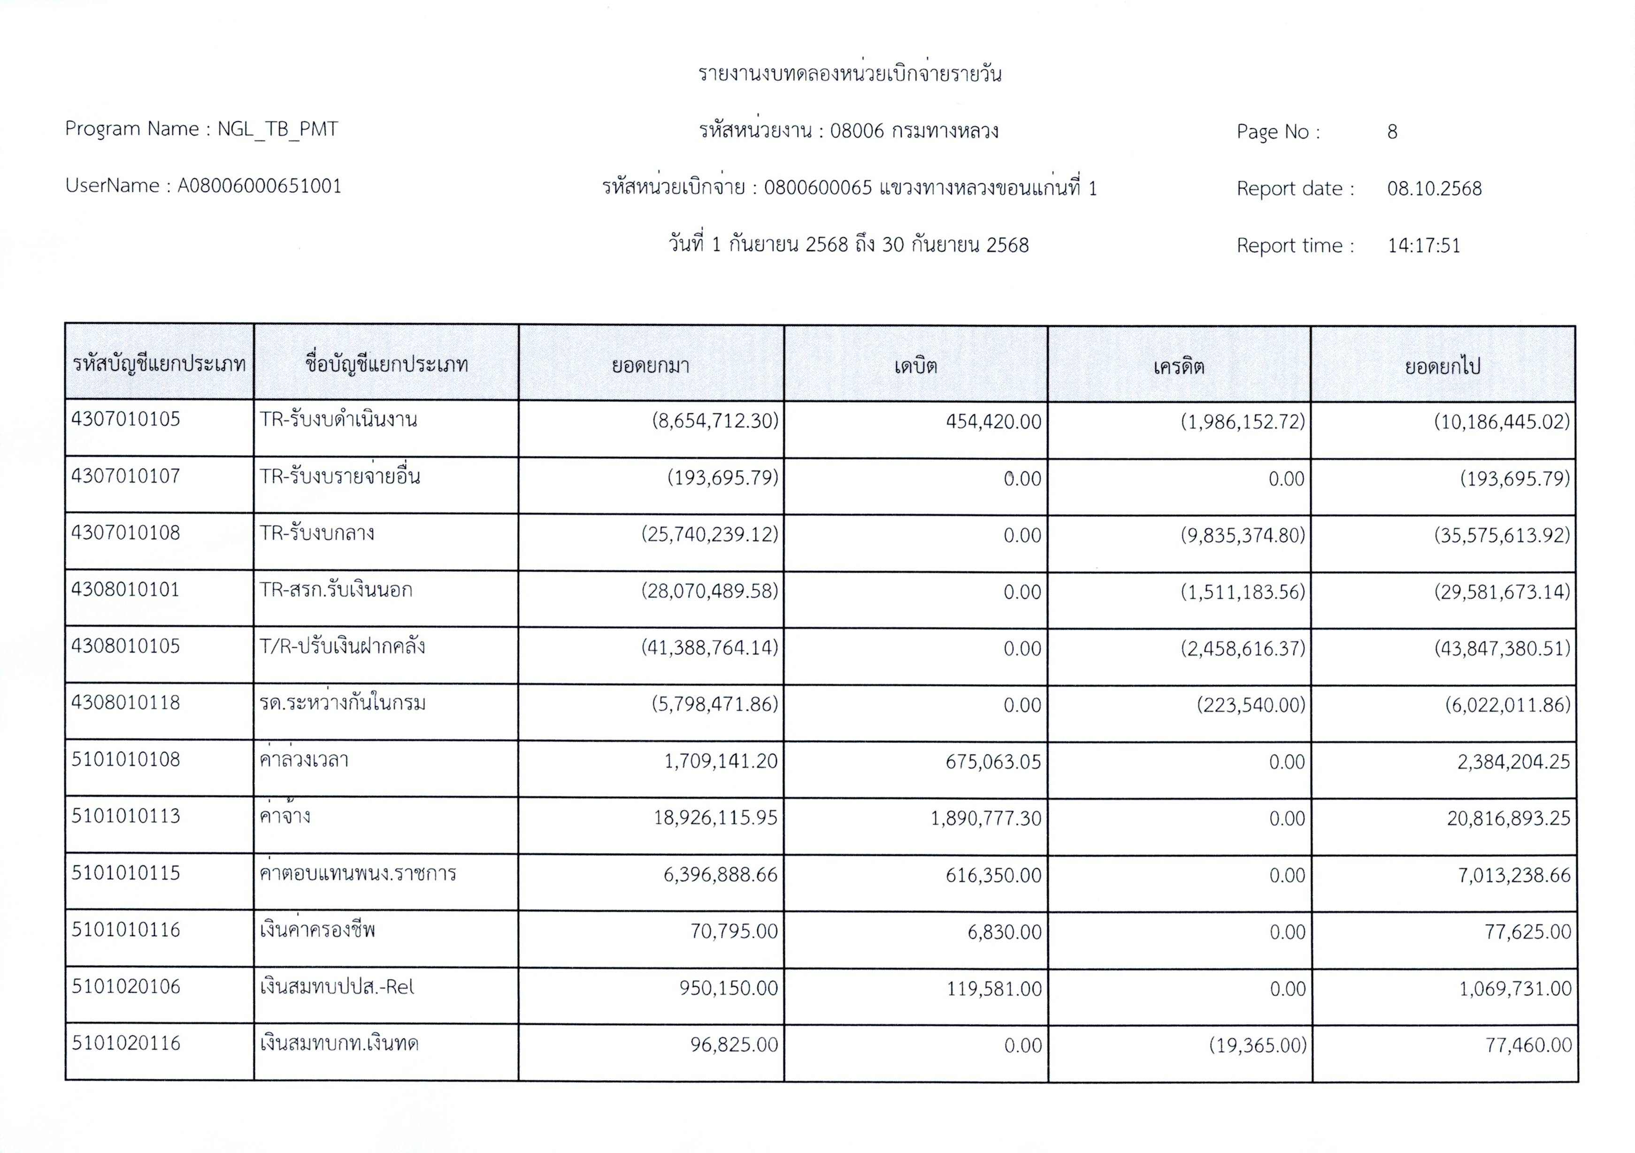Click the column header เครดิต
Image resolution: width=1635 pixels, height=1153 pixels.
(x=1179, y=366)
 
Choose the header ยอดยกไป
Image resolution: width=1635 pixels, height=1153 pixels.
(x=1442, y=366)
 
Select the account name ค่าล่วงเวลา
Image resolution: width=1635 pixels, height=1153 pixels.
(x=304, y=760)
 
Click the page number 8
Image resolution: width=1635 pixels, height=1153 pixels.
(x=1392, y=132)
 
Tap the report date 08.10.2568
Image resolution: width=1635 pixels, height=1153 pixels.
(x=1434, y=189)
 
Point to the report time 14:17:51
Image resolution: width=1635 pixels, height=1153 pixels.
(x=1423, y=246)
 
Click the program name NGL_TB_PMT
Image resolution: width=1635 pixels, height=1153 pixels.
(x=278, y=129)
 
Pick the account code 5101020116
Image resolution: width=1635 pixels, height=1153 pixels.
(x=126, y=1043)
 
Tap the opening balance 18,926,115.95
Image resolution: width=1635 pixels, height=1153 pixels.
(x=716, y=817)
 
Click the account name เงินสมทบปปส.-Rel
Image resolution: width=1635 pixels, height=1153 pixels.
(x=337, y=987)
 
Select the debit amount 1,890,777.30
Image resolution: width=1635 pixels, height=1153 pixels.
(x=986, y=818)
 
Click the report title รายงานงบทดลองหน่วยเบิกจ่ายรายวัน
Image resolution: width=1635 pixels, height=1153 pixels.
(x=850, y=74)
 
